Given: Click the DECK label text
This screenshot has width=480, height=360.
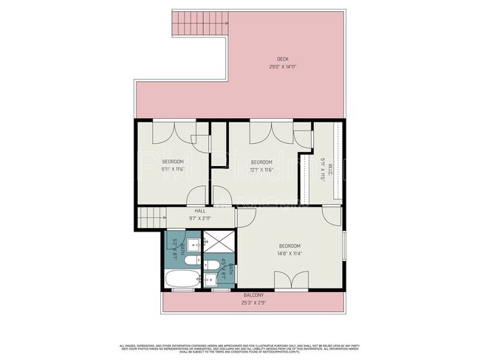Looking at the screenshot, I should [282, 59].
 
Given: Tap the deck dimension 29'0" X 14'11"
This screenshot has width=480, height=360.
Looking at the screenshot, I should [282, 66].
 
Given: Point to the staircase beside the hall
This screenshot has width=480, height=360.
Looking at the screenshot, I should [151, 218].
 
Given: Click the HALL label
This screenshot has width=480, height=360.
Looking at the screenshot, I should [179, 211].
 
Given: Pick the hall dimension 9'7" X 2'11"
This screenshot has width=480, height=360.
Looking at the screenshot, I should [179, 218].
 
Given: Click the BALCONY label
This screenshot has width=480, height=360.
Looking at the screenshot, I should [252, 296].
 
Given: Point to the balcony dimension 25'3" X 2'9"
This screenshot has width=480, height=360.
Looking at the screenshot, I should [252, 302].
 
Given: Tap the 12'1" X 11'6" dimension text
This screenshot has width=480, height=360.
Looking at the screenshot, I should [261, 169].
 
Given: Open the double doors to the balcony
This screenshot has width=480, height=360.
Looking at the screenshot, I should [290, 280].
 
